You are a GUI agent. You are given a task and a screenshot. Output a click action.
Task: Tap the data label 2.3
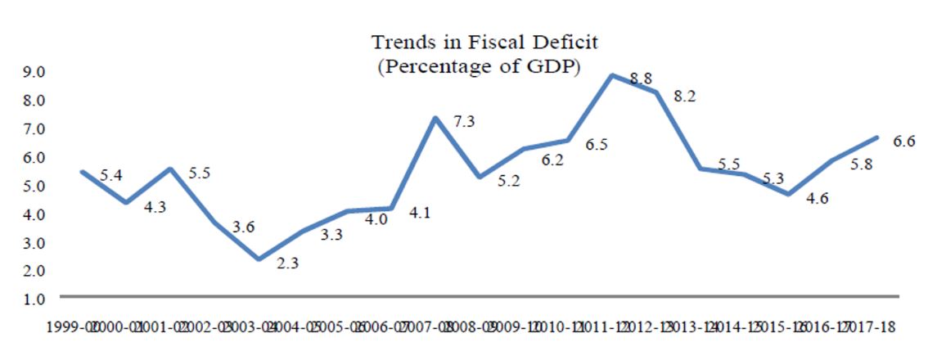coord(288,265)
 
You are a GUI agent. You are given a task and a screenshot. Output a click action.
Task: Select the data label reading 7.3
coord(464,122)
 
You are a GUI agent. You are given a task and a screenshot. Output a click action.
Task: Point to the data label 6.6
coord(903,142)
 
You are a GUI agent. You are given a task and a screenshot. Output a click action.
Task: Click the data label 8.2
coord(684,96)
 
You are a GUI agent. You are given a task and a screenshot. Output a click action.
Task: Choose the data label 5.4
coord(110,175)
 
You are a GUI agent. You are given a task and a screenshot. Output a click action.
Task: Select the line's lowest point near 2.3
coord(259,259)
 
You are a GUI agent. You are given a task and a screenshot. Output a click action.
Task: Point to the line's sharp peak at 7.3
coord(435,118)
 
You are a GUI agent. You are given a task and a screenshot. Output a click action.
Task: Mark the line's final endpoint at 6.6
coord(877,137)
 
